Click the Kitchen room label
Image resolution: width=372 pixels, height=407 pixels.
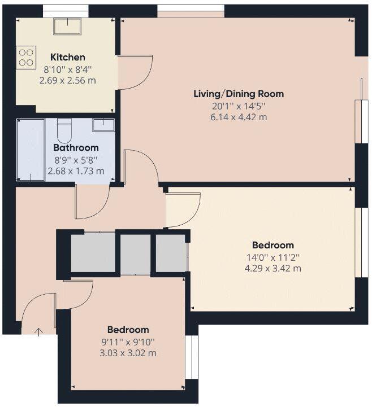point(68,57)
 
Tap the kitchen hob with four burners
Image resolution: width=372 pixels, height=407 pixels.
point(26,58)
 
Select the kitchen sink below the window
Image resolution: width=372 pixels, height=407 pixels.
point(67,26)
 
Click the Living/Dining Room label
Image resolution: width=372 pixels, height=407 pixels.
point(239,94)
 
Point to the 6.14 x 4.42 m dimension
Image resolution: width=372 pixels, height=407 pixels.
point(239,117)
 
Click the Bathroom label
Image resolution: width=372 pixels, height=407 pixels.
point(76,148)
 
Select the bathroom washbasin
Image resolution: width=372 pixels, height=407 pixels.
point(103,125)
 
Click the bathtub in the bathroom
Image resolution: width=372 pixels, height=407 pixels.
point(31,150)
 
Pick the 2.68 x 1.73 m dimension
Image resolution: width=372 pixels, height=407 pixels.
point(76,171)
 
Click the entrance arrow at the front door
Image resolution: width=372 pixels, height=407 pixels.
point(39,332)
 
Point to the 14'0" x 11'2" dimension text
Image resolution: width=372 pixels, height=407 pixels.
point(273,257)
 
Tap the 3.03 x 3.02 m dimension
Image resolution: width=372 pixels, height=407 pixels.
point(128,353)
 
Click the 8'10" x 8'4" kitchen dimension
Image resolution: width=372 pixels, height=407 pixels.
point(68,69)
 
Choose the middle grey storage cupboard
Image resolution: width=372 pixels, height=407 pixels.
point(136,253)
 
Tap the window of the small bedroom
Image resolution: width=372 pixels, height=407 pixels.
point(192,357)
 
